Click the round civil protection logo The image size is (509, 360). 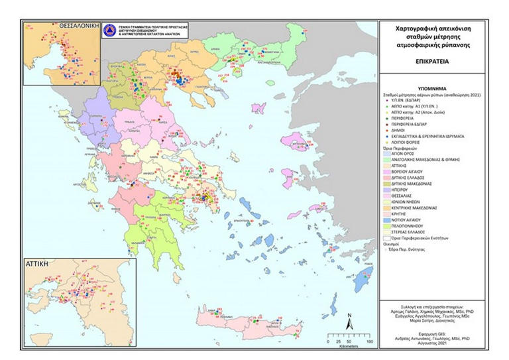pyautogui.click(x=109, y=30)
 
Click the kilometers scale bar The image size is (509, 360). pyautogui.click(x=349, y=341)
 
